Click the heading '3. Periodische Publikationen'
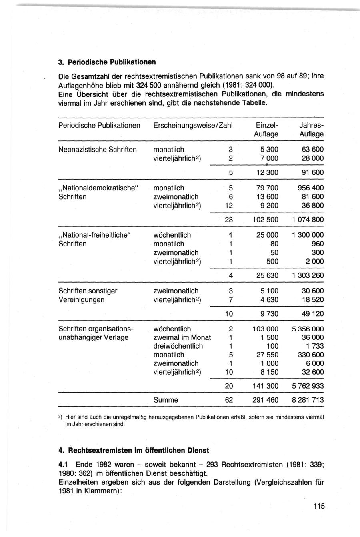[x=106, y=62]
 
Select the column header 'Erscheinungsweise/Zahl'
[x=193, y=125]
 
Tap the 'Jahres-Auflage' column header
[x=312, y=130]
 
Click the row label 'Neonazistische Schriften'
[x=98, y=150]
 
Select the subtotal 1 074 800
[x=308, y=220]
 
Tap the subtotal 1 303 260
[x=308, y=275]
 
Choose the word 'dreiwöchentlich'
[x=178, y=346]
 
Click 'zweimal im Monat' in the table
[x=182, y=337]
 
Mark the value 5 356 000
[x=308, y=329]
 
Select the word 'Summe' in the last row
[x=166, y=400]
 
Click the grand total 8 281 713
[x=308, y=400]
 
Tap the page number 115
[x=319, y=507]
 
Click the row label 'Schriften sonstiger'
[x=88, y=291]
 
